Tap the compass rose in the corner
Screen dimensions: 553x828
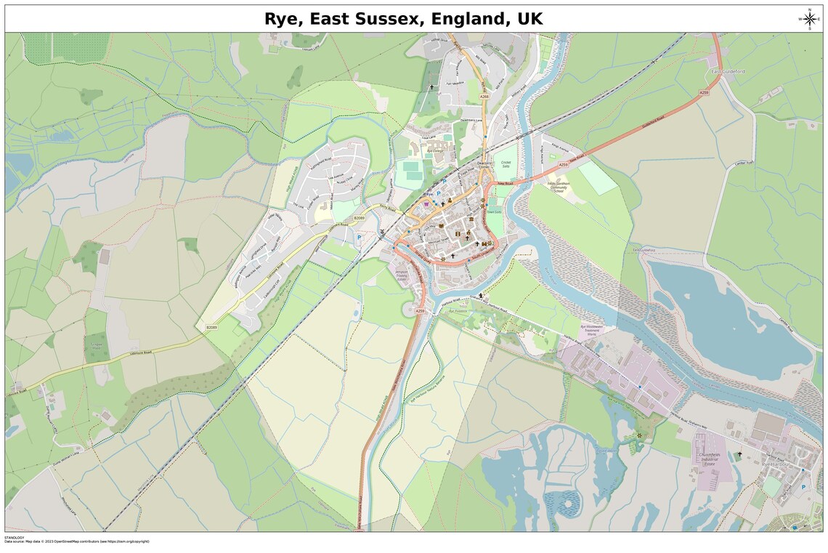[809, 19]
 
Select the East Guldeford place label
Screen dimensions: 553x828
[728, 71]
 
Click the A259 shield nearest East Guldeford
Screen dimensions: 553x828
[703, 93]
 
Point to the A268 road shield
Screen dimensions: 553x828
[484, 96]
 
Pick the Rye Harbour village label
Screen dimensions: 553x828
[776, 464]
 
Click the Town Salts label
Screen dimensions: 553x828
[494, 212]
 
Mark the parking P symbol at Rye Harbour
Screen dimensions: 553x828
[803, 487]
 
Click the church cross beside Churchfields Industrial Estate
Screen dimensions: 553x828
[739, 454]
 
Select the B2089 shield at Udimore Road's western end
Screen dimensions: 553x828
[211, 328]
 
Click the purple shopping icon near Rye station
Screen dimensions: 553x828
[426, 205]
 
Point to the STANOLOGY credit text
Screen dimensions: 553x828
[15, 537]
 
